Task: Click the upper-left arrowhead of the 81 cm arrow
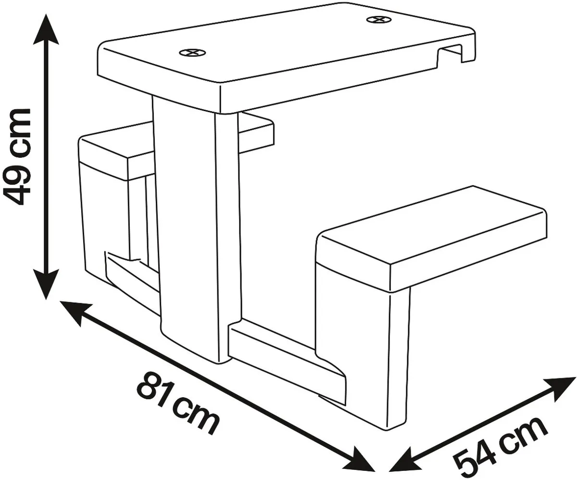(x=75, y=312)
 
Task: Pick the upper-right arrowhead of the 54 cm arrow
(x=561, y=387)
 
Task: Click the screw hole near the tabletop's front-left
(x=192, y=52)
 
